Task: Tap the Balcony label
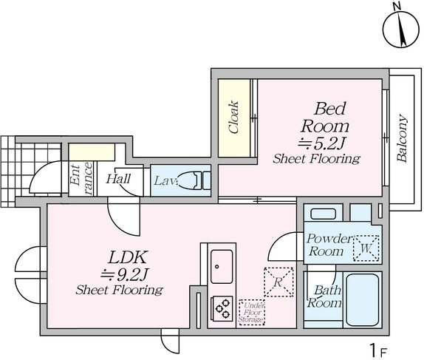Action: point(402,138)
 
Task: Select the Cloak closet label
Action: point(233,118)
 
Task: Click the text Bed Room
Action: point(325,118)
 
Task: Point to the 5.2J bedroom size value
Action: point(321,143)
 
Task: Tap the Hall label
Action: point(118,179)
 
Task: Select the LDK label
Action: point(128,257)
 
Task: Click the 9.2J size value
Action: point(125,275)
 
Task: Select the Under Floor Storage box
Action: point(252,313)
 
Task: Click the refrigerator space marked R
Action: point(278,282)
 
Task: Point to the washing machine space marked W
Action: point(366,248)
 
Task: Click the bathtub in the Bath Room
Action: point(363,300)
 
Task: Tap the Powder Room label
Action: point(329,245)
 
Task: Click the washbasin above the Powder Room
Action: point(323,214)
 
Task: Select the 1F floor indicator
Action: point(378,350)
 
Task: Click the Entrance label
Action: point(81,179)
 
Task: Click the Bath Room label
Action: point(324,296)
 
